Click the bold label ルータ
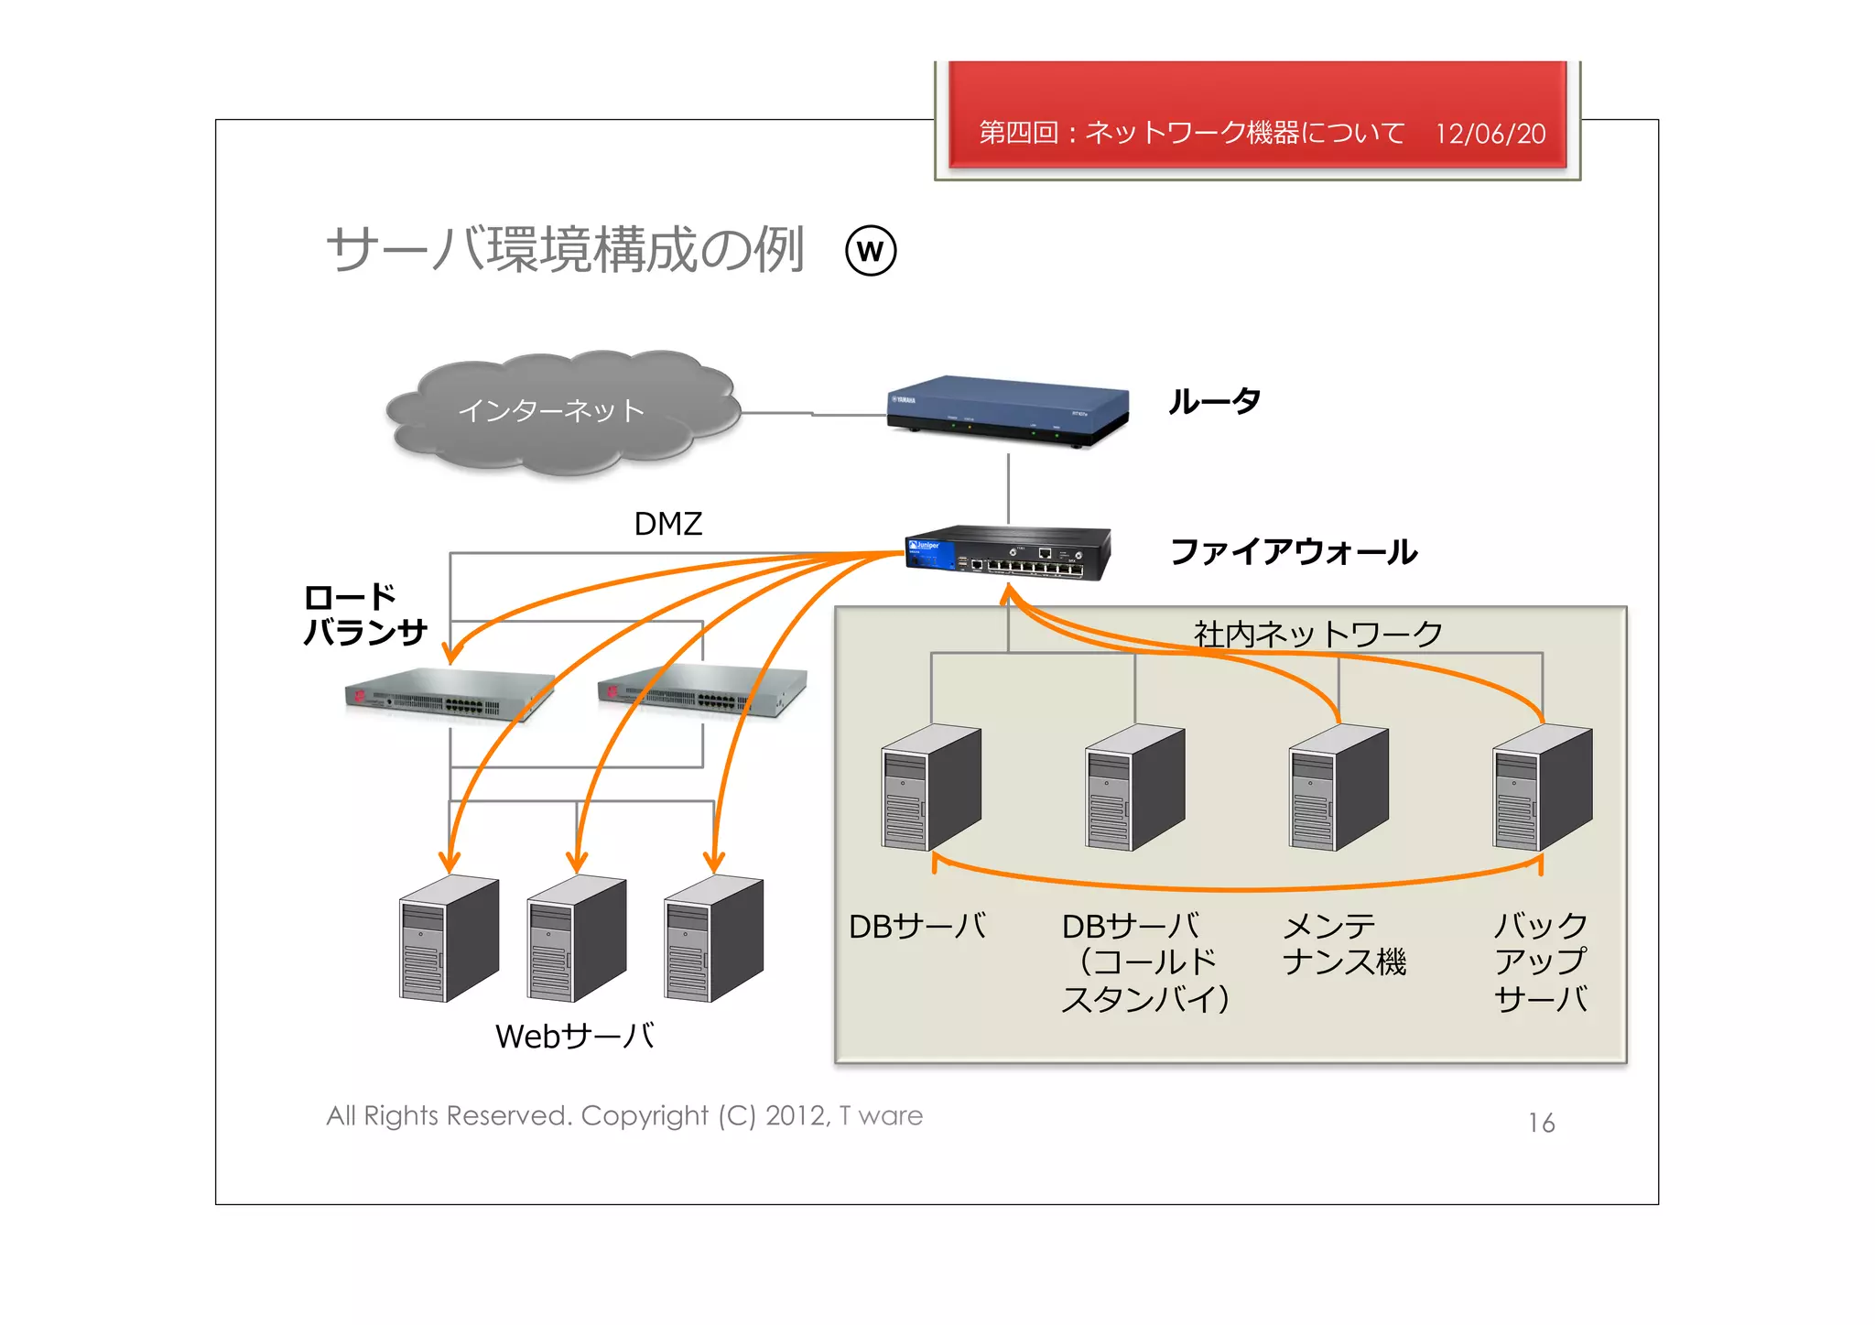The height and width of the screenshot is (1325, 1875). pyautogui.click(x=1214, y=401)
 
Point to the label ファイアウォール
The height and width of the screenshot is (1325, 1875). pyautogui.click(x=1293, y=552)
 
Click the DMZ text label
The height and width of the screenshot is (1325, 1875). pyautogui.click(x=667, y=524)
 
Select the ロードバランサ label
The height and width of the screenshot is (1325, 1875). pyautogui.click(x=363, y=614)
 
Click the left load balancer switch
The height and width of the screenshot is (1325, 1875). pyautogui.click(x=449, y=695)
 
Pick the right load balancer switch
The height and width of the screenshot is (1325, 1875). pyautogui.click(x=702, y=690)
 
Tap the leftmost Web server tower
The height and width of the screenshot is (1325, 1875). pyautogui.click(x=449, y=938)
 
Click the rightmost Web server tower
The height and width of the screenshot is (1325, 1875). pyautogui.click(x=713, y=938)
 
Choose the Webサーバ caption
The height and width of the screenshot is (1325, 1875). pyautogui.click(x=574, y=1037)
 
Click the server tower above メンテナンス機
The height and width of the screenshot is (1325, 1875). pyautogui.click(x=1338, y=787)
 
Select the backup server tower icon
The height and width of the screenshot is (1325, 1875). pyautogui.click(x=1542, y=787)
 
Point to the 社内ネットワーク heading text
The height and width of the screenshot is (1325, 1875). pyautogui.click(x=1317, y=634)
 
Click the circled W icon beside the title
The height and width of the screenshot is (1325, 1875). pyautogui.click(x=870, y=251)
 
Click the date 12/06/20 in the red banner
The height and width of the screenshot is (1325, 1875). pyautogui.click(x=1490, y=135)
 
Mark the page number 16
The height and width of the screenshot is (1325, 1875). pyautogui.click(x=1541, y=1123)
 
